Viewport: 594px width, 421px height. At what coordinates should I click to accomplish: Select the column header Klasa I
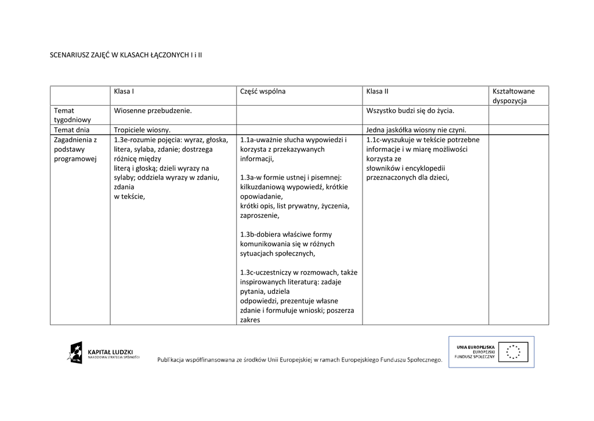point(124,92)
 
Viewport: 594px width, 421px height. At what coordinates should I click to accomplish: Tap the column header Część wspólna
point(263,92)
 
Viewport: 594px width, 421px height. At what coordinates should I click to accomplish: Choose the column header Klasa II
point(377,92)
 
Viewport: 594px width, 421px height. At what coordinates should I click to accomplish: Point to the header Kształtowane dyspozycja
point(513,96)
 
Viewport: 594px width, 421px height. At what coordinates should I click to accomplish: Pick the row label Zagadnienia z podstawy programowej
point(75,149)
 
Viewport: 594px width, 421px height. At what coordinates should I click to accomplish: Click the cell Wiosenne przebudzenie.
point(153,110)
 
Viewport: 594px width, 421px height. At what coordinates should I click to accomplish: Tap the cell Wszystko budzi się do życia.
point(410,110)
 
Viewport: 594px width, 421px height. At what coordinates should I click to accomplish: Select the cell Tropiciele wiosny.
point(142,130)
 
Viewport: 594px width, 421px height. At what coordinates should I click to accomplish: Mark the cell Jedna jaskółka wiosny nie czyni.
point(416,130)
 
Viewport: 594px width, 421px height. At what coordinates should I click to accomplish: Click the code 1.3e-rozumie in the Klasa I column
point(136,140)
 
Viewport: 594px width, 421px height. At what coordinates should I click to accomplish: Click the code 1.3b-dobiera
point(261,235)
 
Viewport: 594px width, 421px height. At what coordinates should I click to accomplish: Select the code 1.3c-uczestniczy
point(266,272)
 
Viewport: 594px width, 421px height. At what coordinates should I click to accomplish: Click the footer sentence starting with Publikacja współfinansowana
point(299,360)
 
